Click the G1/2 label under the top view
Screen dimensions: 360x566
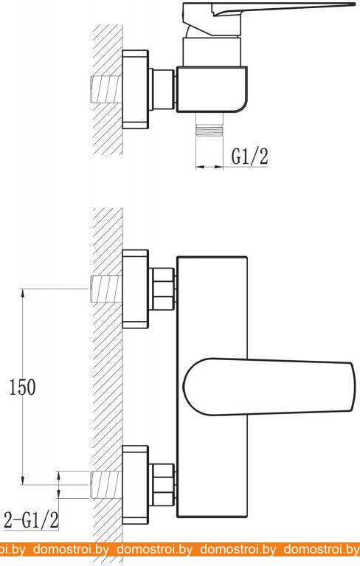249,156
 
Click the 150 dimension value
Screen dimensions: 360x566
22,387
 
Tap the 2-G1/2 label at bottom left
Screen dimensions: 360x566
31,520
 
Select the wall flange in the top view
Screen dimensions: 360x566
135,89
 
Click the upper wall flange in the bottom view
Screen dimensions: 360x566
135,289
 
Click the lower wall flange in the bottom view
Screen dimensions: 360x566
135,485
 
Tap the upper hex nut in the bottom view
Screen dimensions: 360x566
164,289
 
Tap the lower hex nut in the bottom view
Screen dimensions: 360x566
164,485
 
